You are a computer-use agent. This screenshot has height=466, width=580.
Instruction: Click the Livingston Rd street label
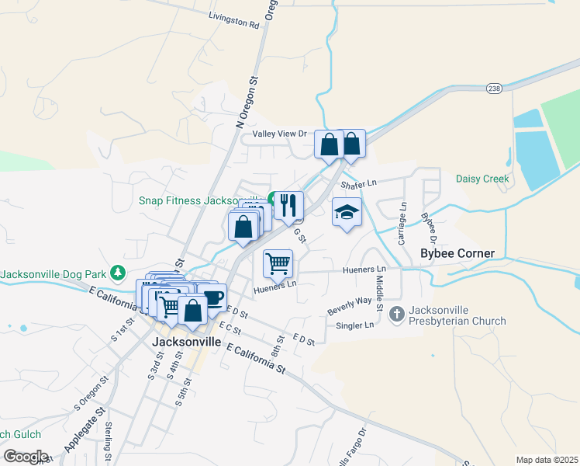234,19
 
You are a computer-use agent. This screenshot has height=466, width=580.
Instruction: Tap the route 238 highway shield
495,89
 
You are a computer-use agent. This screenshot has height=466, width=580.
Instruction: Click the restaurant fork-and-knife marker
288,205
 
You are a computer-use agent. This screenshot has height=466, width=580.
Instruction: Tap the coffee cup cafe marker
212,298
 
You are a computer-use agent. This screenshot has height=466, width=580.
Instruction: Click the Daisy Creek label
482,179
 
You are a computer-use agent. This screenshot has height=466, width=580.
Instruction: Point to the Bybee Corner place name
457,253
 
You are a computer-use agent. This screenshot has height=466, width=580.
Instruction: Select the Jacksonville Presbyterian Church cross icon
396,314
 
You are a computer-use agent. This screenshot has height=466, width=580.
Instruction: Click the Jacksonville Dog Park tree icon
117,273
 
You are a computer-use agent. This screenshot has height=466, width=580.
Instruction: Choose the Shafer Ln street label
358,183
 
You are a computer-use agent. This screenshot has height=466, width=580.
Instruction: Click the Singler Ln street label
355,325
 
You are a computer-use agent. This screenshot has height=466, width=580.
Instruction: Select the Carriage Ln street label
402,224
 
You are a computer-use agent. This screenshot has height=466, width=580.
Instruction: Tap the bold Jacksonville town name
186,342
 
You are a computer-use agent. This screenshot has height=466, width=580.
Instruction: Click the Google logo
25,456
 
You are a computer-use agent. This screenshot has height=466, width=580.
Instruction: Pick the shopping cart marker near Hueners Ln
278,264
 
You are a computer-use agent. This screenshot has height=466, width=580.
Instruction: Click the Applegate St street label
85,432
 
